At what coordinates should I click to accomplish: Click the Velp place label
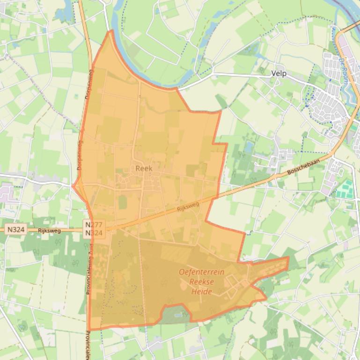point(279,73)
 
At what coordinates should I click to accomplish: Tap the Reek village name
point(144,168)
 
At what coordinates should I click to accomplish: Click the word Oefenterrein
point(201,272)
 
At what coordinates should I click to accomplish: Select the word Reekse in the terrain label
point(201,282)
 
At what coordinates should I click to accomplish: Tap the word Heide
point(201,292)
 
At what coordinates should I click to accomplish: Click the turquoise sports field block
point(345,189)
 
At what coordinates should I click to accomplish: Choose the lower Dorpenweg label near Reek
point(80,154)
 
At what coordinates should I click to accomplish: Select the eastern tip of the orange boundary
point(288,257)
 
